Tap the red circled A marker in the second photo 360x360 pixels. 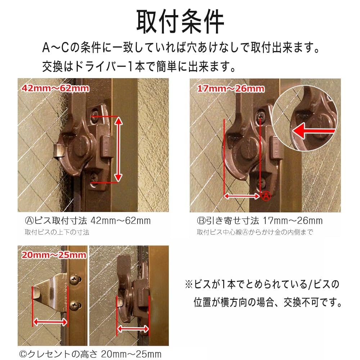(x=265, y=196)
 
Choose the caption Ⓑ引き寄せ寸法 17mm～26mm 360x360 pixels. (x=260, y=220)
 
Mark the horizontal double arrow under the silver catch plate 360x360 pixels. (x=50, y=321)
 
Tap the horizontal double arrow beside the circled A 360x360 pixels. (x=242, y=196)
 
